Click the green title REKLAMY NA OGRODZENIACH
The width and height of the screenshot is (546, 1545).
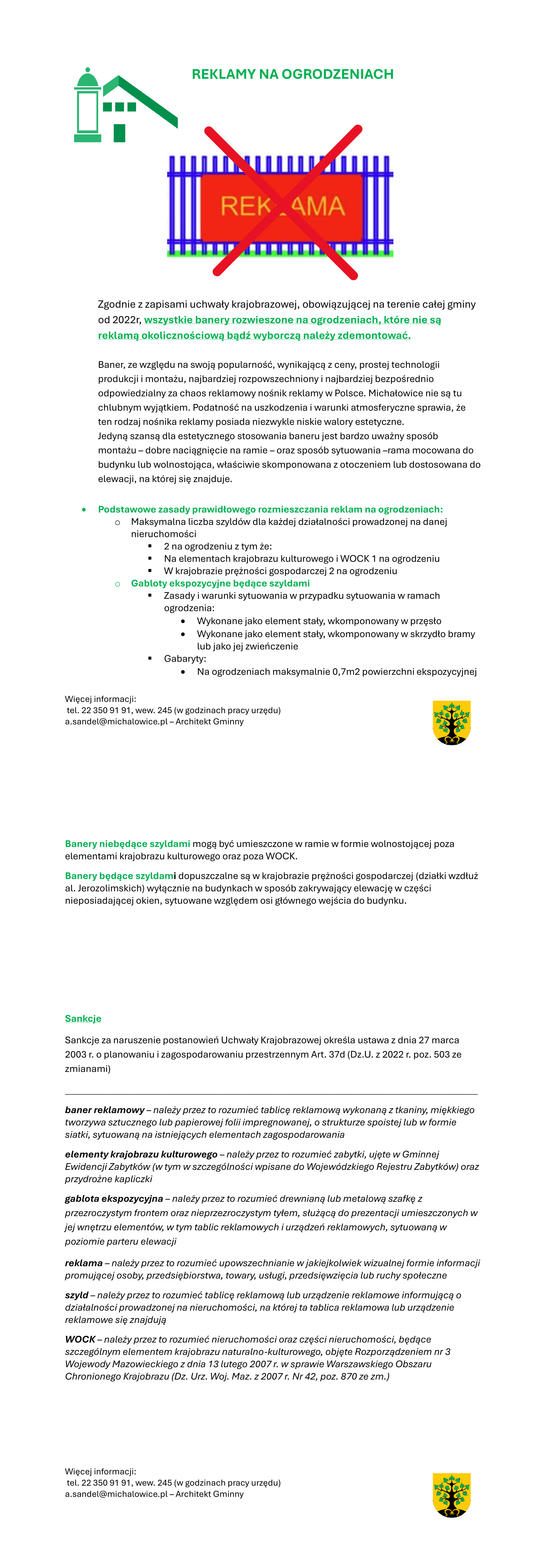click(292, 74)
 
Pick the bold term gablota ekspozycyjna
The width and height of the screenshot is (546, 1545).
click(114, 1198)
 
